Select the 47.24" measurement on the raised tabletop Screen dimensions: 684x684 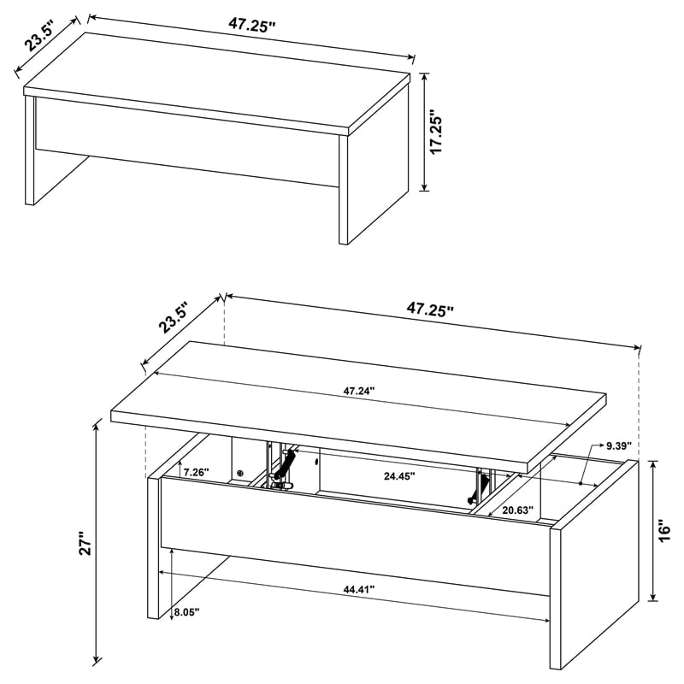pos(359,391)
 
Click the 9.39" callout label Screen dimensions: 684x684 pos(617,446)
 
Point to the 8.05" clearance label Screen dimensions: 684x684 pos(186,612)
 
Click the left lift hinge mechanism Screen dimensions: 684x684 pos(282,468)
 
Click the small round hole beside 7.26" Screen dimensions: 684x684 pos(240,473)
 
